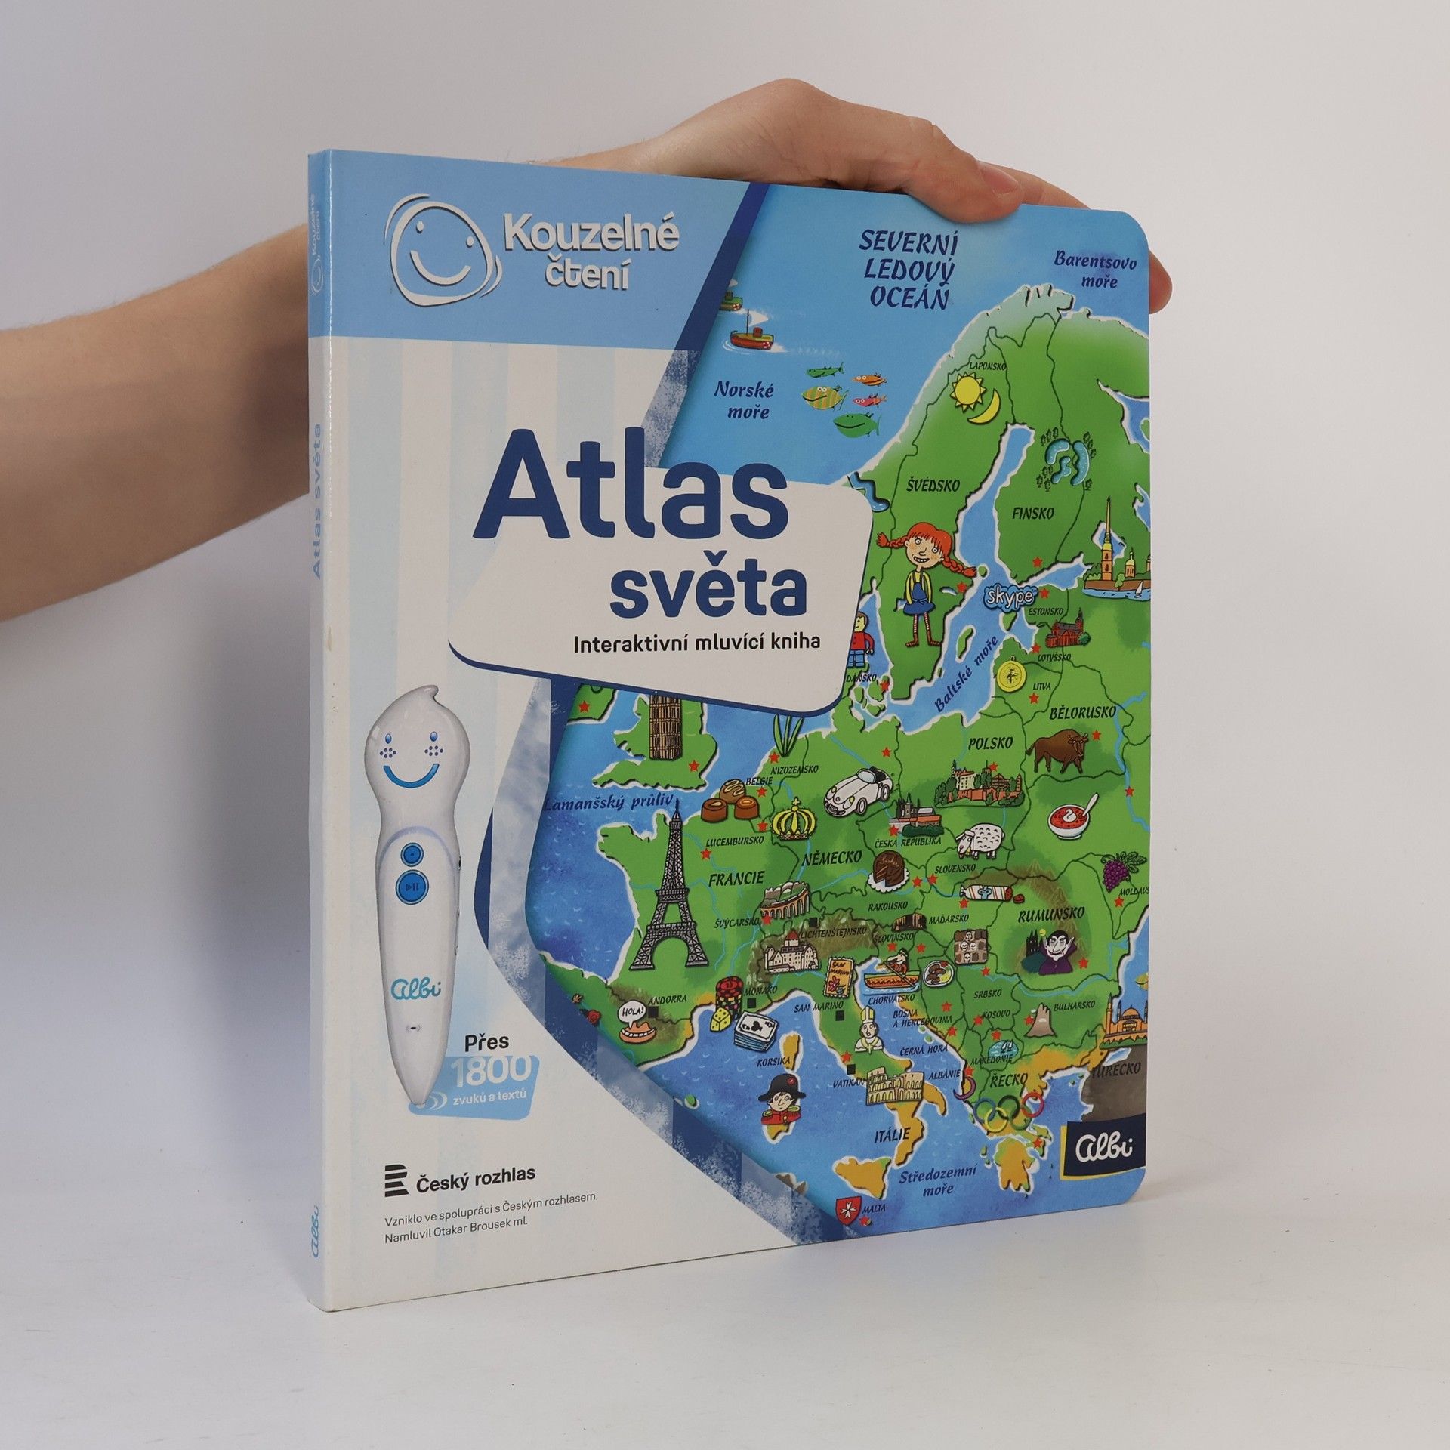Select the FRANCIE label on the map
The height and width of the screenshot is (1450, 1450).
[x=737, y=878]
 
